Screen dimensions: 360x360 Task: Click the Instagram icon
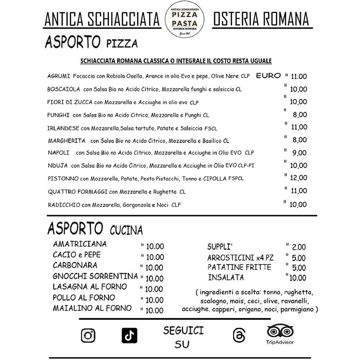coord(88,335)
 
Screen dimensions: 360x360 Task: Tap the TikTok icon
coord(129,335)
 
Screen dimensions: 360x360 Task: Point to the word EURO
coord(268,75)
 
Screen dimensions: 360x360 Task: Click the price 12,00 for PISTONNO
coord(298,178)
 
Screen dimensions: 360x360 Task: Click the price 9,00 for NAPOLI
coord(299,153)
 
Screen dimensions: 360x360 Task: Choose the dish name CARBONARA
coord(75,265)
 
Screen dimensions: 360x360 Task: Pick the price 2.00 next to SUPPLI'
coord(298,247)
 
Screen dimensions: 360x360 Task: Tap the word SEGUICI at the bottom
coord(183,331)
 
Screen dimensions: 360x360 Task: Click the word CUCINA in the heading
coord(126,231)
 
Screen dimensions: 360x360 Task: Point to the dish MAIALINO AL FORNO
coord(92,308)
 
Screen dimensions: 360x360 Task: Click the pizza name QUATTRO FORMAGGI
coord(77,192)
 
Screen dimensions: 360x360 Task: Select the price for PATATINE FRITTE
coord(299,268)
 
